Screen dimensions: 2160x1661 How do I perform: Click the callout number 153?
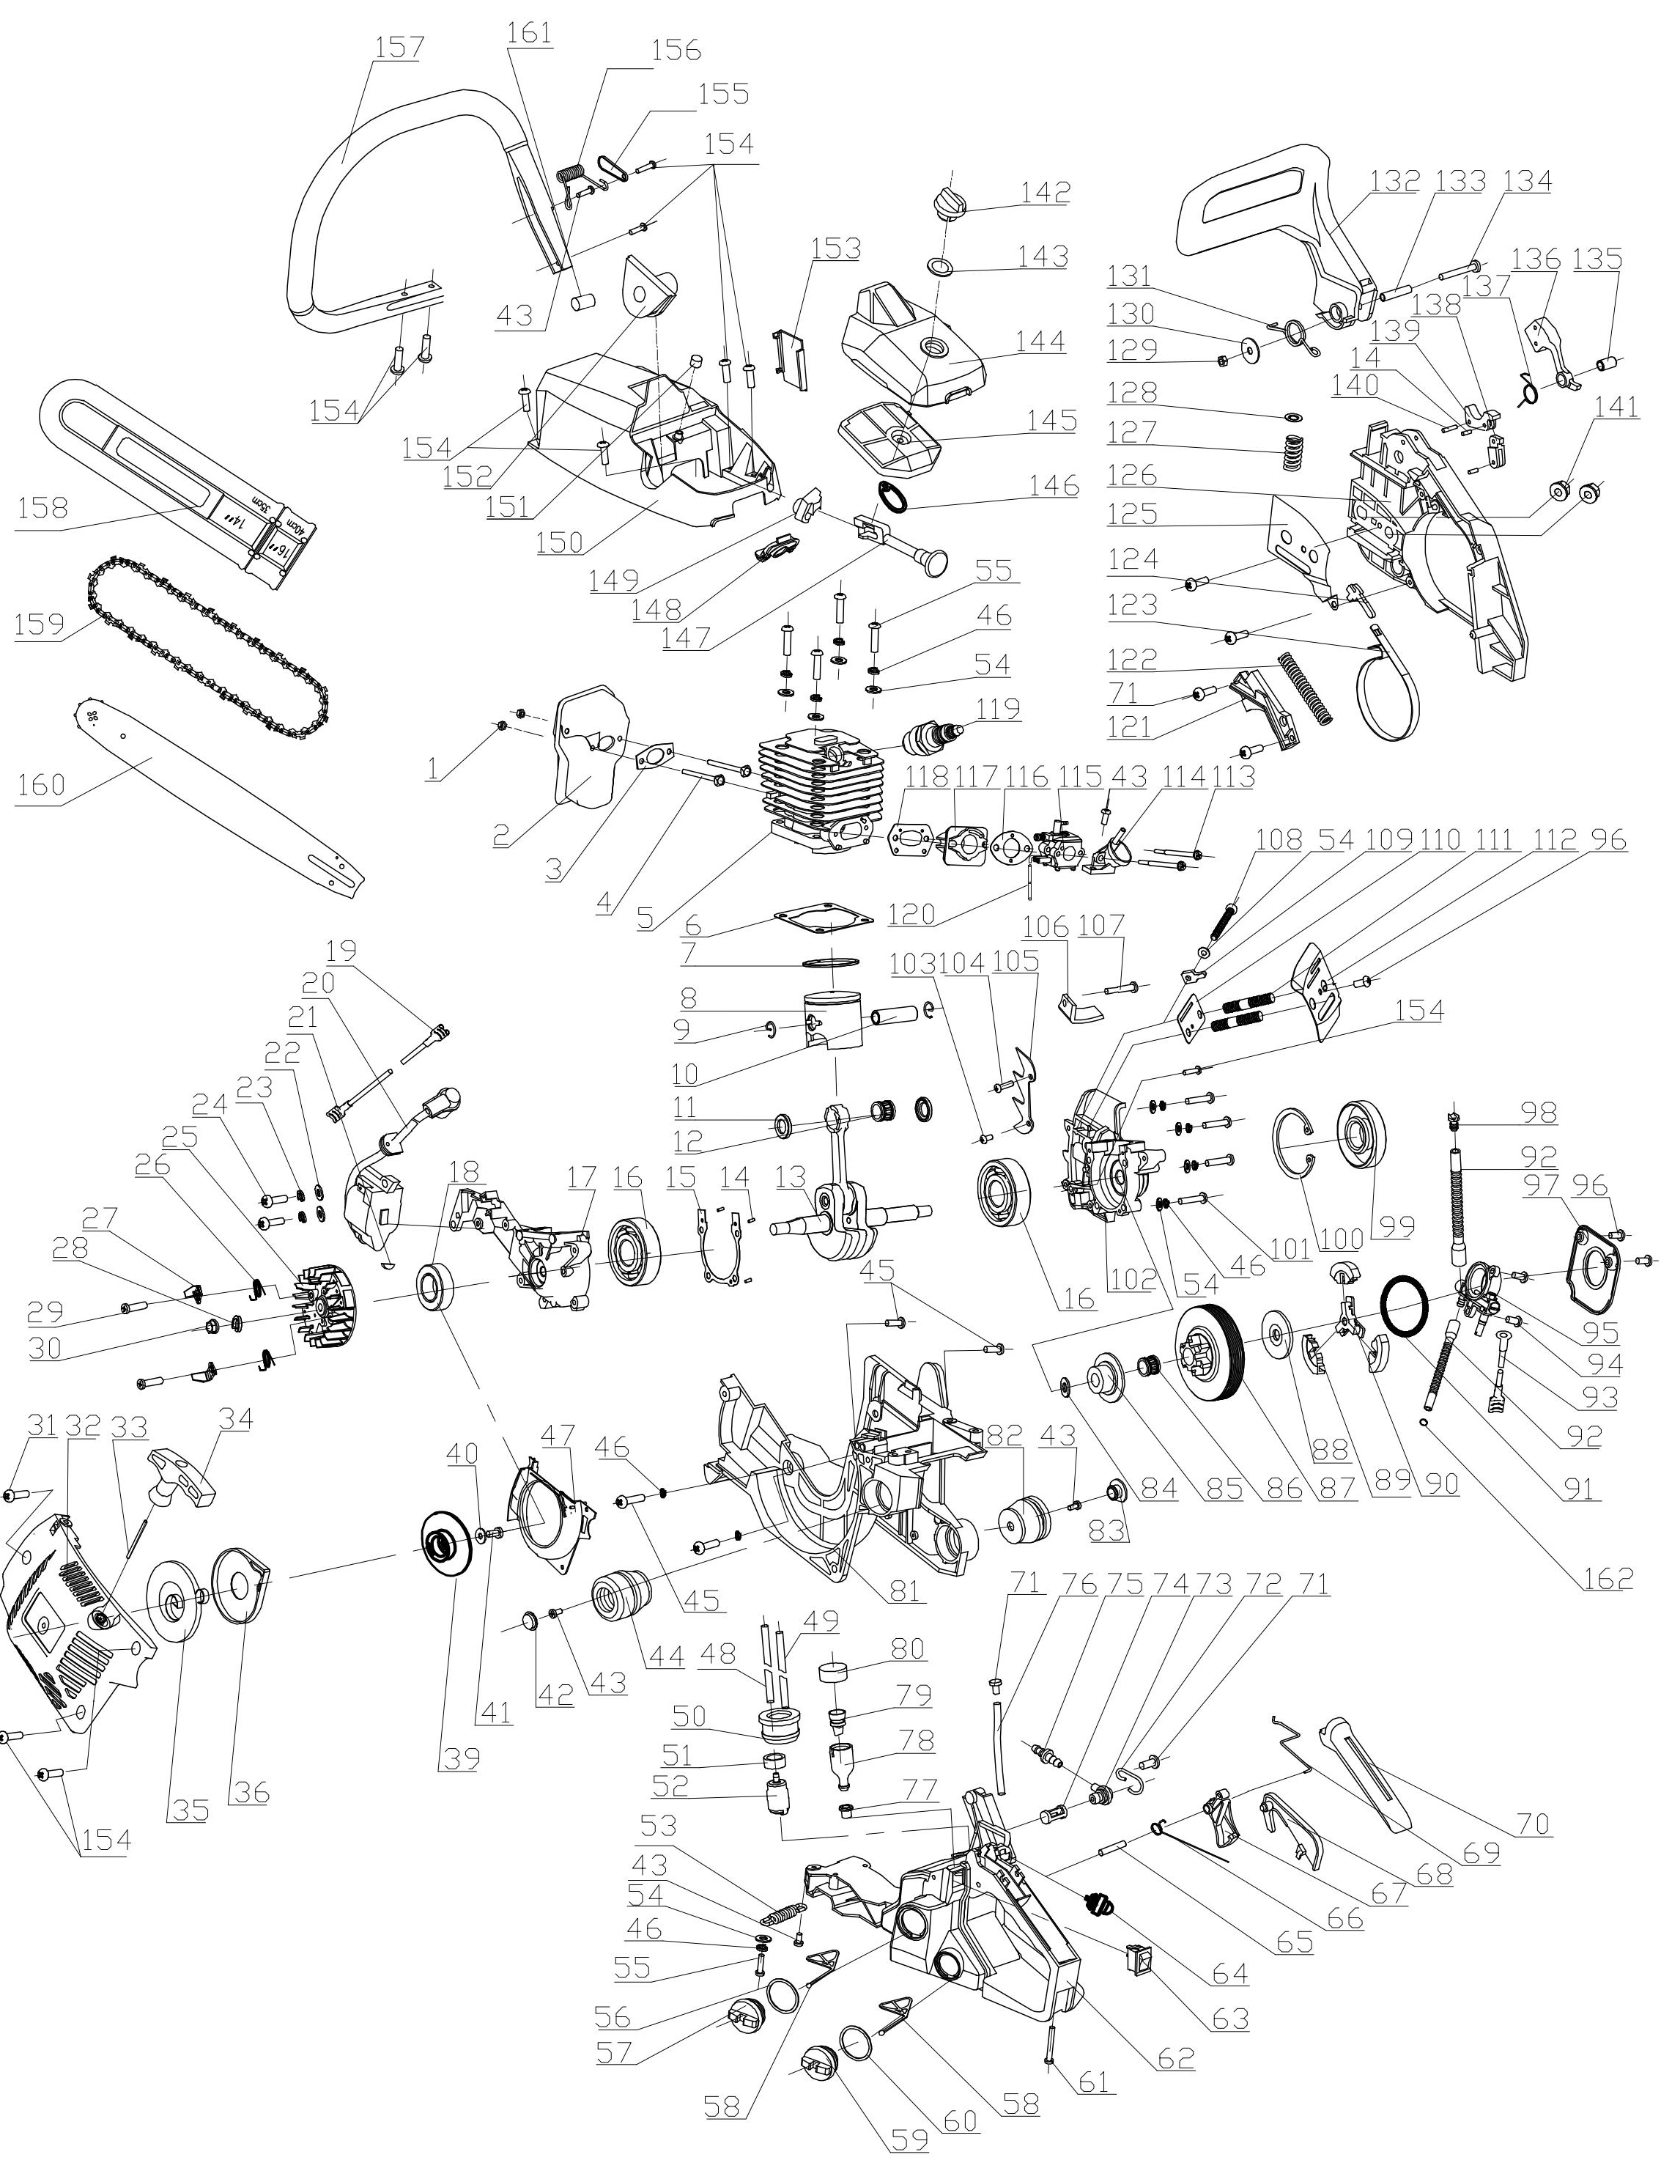click(x=837, y=247)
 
